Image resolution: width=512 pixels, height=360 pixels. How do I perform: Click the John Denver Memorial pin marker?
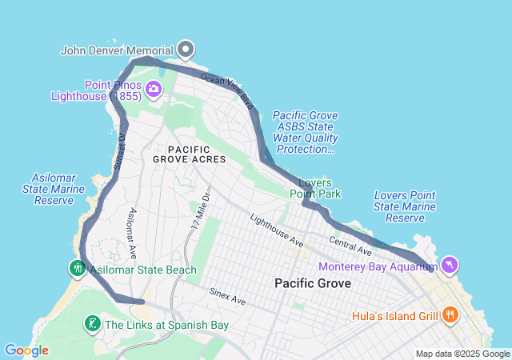[186, 50]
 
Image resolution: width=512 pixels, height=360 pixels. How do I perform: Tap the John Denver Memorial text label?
[117, 50]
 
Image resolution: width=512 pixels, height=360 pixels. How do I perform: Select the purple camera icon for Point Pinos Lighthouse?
[153, 90]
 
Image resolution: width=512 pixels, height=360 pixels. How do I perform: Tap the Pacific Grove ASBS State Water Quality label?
[304, 132]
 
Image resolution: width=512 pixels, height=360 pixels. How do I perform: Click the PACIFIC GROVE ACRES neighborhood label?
[189, 154]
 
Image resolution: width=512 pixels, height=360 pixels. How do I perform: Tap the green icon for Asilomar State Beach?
[78, 269]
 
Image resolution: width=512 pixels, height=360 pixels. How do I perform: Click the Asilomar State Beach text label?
[143, 270]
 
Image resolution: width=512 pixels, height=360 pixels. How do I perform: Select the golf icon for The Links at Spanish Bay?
[93, 324]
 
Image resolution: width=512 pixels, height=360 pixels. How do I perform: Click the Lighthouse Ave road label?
[276, 230]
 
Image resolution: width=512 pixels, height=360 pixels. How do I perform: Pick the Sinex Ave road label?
[228, 296]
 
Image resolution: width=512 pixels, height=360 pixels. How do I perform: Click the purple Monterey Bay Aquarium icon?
[450, 266]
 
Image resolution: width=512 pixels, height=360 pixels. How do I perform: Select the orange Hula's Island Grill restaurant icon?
[450, 315]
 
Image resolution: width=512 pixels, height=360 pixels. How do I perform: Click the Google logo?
[26, 350]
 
